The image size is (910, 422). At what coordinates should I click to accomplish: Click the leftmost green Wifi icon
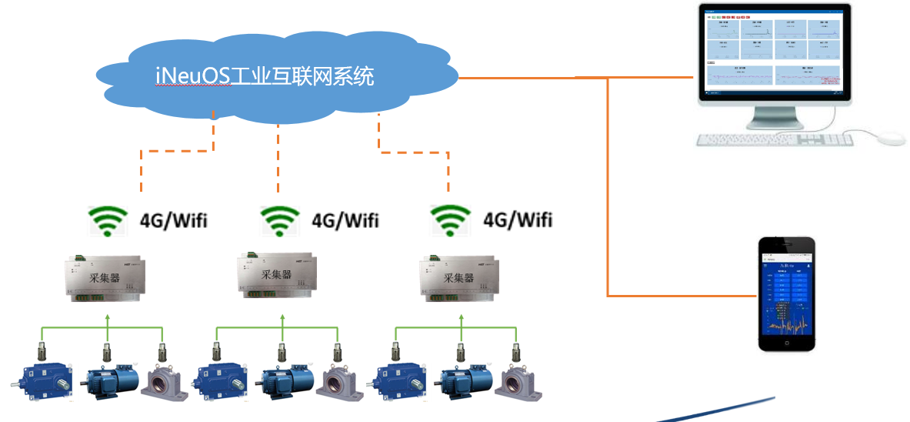(107, 222)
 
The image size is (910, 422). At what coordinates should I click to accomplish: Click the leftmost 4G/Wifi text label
(173, 221)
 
